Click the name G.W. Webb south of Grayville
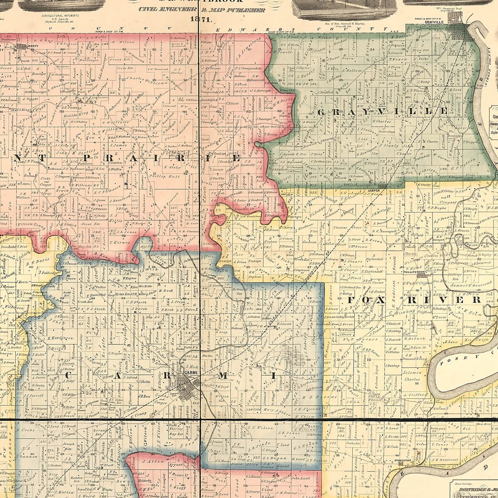[459, 65]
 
